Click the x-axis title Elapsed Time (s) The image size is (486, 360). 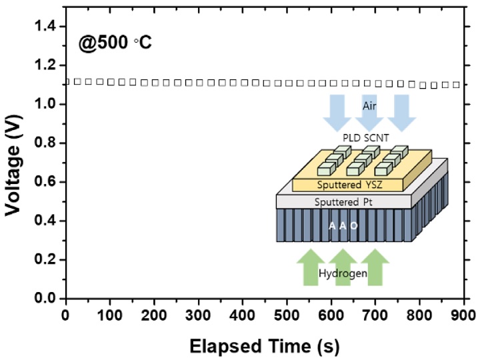click(265, 346)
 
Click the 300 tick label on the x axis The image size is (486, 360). click(199, 315)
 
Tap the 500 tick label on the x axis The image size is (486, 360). click(287, 315)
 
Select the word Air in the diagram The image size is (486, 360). click(370, 106)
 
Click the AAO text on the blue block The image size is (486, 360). click(343, 225)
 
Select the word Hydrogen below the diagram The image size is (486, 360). click(343, 273)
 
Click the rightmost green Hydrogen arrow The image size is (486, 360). click(375, 265)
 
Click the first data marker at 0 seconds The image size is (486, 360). click(66, 81)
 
